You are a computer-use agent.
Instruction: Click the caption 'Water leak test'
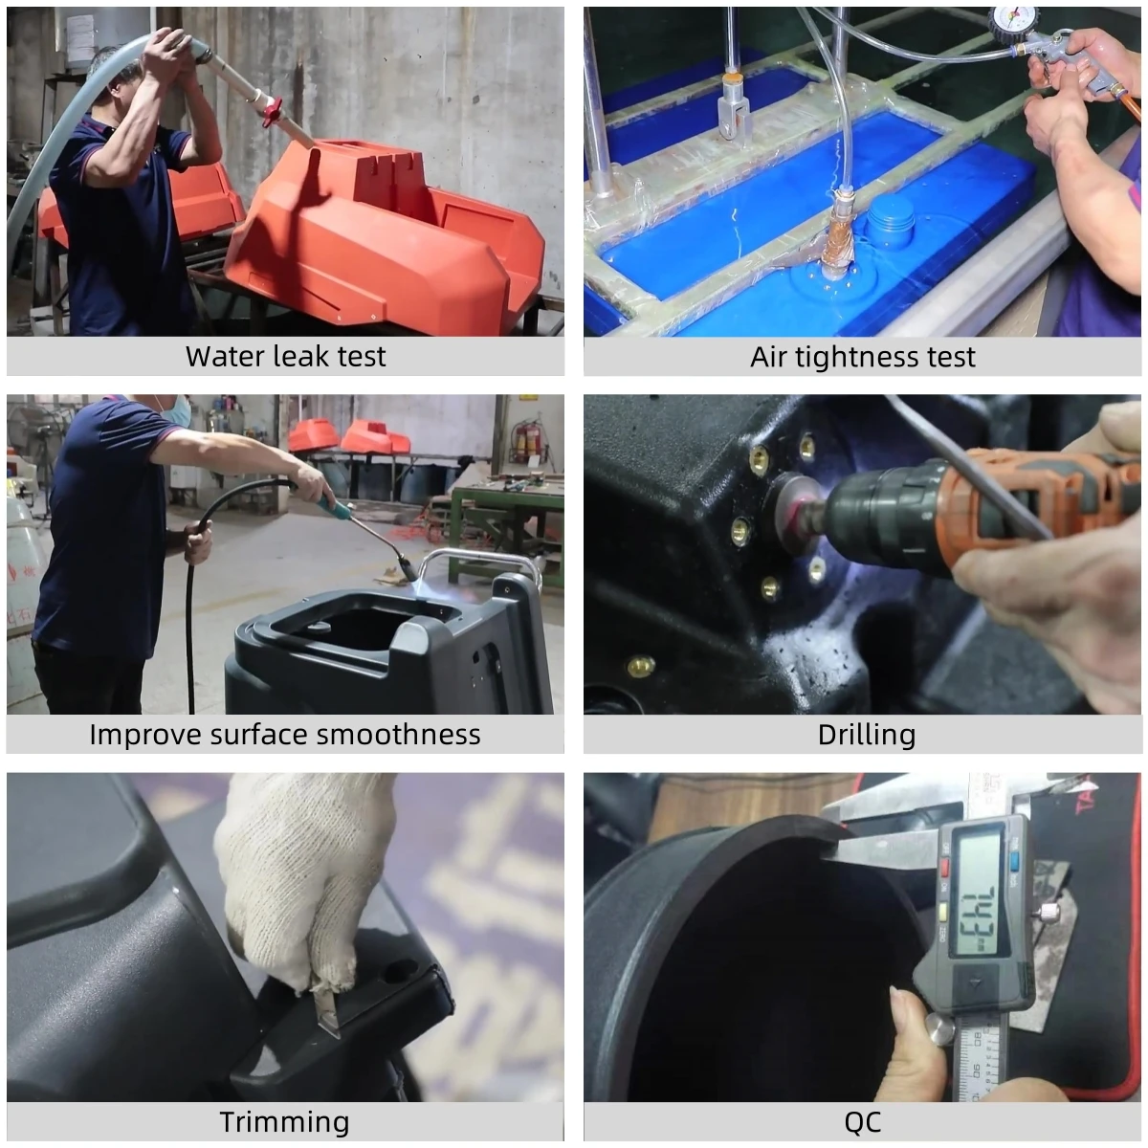coord(285,357)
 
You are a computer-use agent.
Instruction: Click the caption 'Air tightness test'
coord(862,357)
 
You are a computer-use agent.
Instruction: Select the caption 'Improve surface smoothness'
coord(285,735)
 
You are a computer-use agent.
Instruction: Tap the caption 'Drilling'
coord(866,735)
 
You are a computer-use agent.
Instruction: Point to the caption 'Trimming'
coord(284,1121)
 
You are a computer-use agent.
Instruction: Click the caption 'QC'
coord(862,1121)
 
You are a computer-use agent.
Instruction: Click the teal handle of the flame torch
coord(327,499)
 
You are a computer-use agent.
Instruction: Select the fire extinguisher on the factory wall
coord(520,442)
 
